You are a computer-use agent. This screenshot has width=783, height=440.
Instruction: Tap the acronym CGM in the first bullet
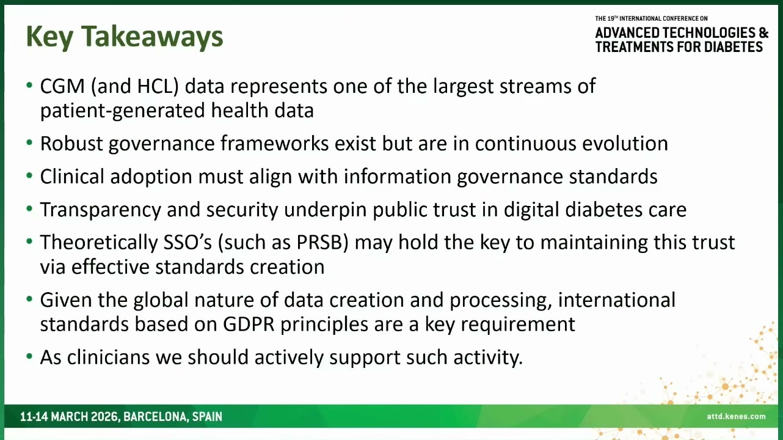coord(62,86)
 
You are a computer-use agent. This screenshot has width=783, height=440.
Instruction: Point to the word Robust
coord(71,144)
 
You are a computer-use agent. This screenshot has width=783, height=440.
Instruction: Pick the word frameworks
coord(274,144)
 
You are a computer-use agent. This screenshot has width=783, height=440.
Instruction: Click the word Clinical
coord(72,176)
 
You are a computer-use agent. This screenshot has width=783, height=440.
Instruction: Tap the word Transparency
coord(100,210)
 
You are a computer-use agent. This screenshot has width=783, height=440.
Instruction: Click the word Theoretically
coord(99,243)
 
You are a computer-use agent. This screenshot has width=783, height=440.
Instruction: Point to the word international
coord(617,299)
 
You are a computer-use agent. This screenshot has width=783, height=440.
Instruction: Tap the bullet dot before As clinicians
coord(29,357)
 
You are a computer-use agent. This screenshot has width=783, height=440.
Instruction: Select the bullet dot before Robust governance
coord(29,143)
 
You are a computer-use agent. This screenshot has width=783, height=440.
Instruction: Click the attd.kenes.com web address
coord(736,416)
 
